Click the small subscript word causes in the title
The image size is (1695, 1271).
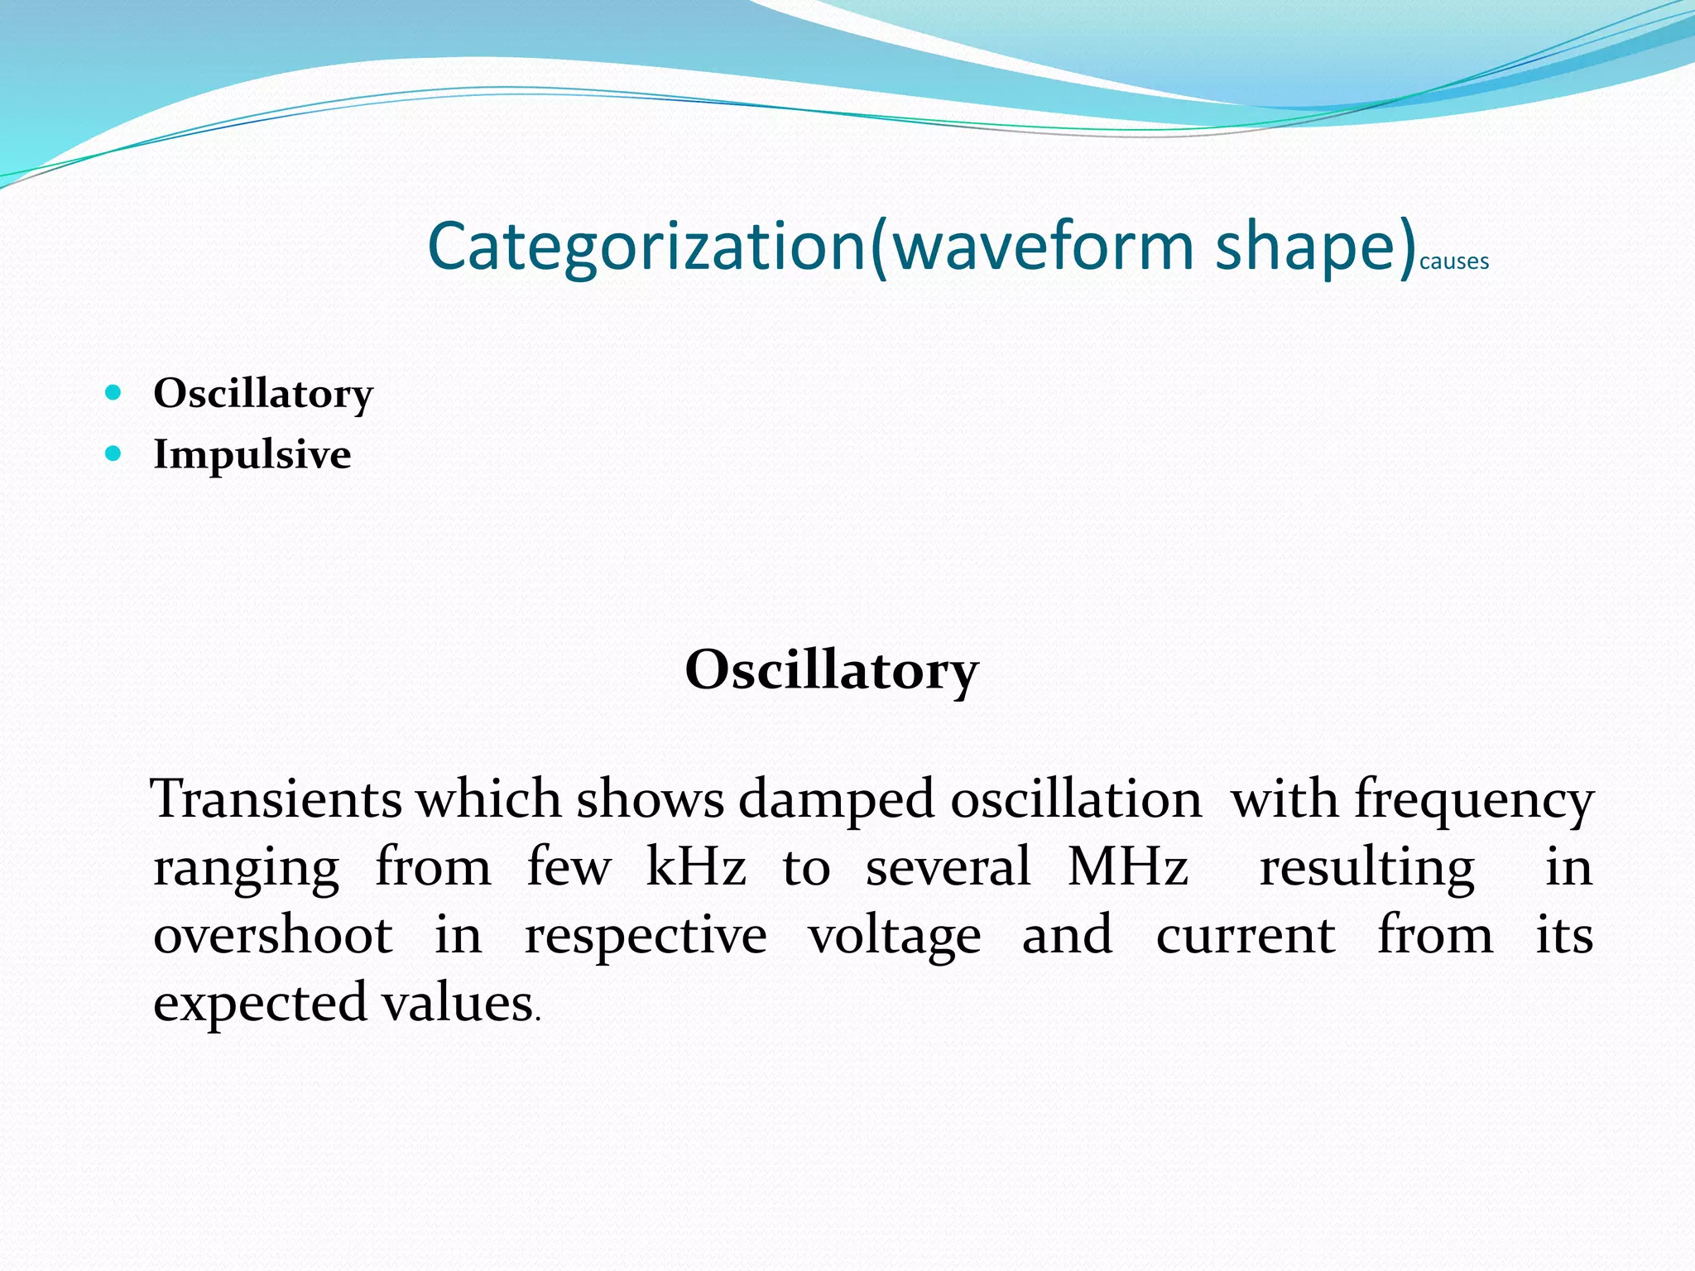(1453, 262)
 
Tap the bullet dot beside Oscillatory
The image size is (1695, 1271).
(114, 392)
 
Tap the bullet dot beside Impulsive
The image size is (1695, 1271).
(114, 453)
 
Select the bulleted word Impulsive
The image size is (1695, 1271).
(252, 454)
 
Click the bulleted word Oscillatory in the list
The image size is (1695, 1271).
(263, 393)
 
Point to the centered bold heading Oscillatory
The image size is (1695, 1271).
(831, 670)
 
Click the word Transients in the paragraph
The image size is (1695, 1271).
(276, 799)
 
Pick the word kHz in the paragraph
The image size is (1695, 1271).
(695, 867)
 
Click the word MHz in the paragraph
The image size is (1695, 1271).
(1127, 867)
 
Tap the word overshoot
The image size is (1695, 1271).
(273, 935)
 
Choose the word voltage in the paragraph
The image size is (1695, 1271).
(894, 937)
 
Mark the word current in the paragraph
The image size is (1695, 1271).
(1245, 935)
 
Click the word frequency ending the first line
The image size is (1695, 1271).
(1474, 801)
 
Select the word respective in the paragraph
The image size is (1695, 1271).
(646, 937)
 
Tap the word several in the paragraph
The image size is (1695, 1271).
(948, 867)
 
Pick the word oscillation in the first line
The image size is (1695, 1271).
(1076, 799)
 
